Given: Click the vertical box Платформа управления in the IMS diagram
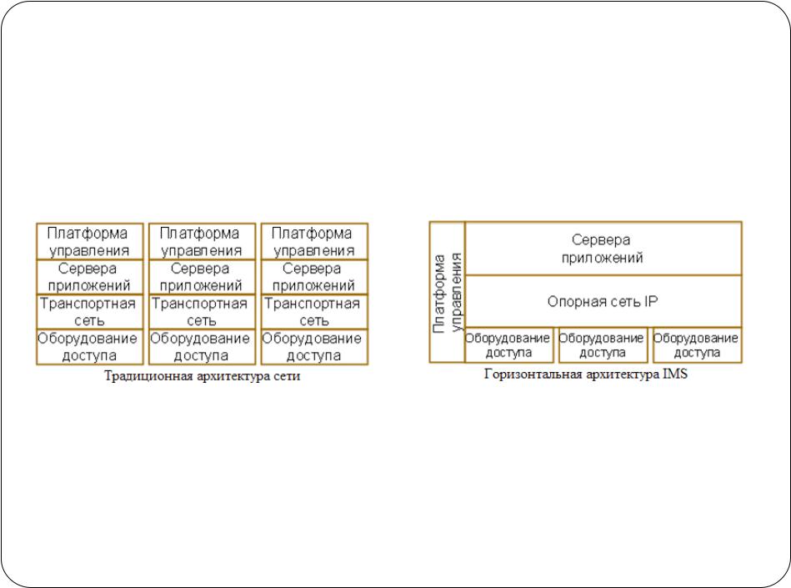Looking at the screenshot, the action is point(447,292).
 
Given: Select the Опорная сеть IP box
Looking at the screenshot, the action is point(603,301).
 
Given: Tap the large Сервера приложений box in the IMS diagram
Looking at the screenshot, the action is point(603,249).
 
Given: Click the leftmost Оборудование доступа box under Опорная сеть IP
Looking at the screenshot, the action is point(508,345).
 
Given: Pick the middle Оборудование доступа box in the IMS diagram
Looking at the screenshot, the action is point(603,345).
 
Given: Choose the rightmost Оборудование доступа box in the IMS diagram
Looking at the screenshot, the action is point(697,345).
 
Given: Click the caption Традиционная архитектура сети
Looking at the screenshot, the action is point(202,376).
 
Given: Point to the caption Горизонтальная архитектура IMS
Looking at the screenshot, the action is point(586,374).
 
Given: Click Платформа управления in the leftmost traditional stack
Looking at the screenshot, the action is point(90,242).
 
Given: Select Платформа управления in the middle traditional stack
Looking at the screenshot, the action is point(202,242).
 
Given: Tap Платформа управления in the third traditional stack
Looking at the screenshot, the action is point(314,242).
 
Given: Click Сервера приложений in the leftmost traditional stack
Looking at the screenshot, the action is point(90,277).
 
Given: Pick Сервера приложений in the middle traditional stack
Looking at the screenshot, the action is point(202,277).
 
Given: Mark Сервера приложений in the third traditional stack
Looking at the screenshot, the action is point(314,277).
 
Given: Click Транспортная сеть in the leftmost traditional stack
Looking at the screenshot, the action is point(90,312).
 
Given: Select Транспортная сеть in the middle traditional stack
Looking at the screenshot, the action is point(202,312).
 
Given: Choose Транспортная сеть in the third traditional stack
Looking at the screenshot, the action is point(314,312).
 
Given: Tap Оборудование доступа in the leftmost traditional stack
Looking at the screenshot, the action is point(90,347).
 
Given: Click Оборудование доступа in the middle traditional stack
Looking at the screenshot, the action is point(202,347).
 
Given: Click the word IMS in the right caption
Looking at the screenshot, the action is point(675,374).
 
